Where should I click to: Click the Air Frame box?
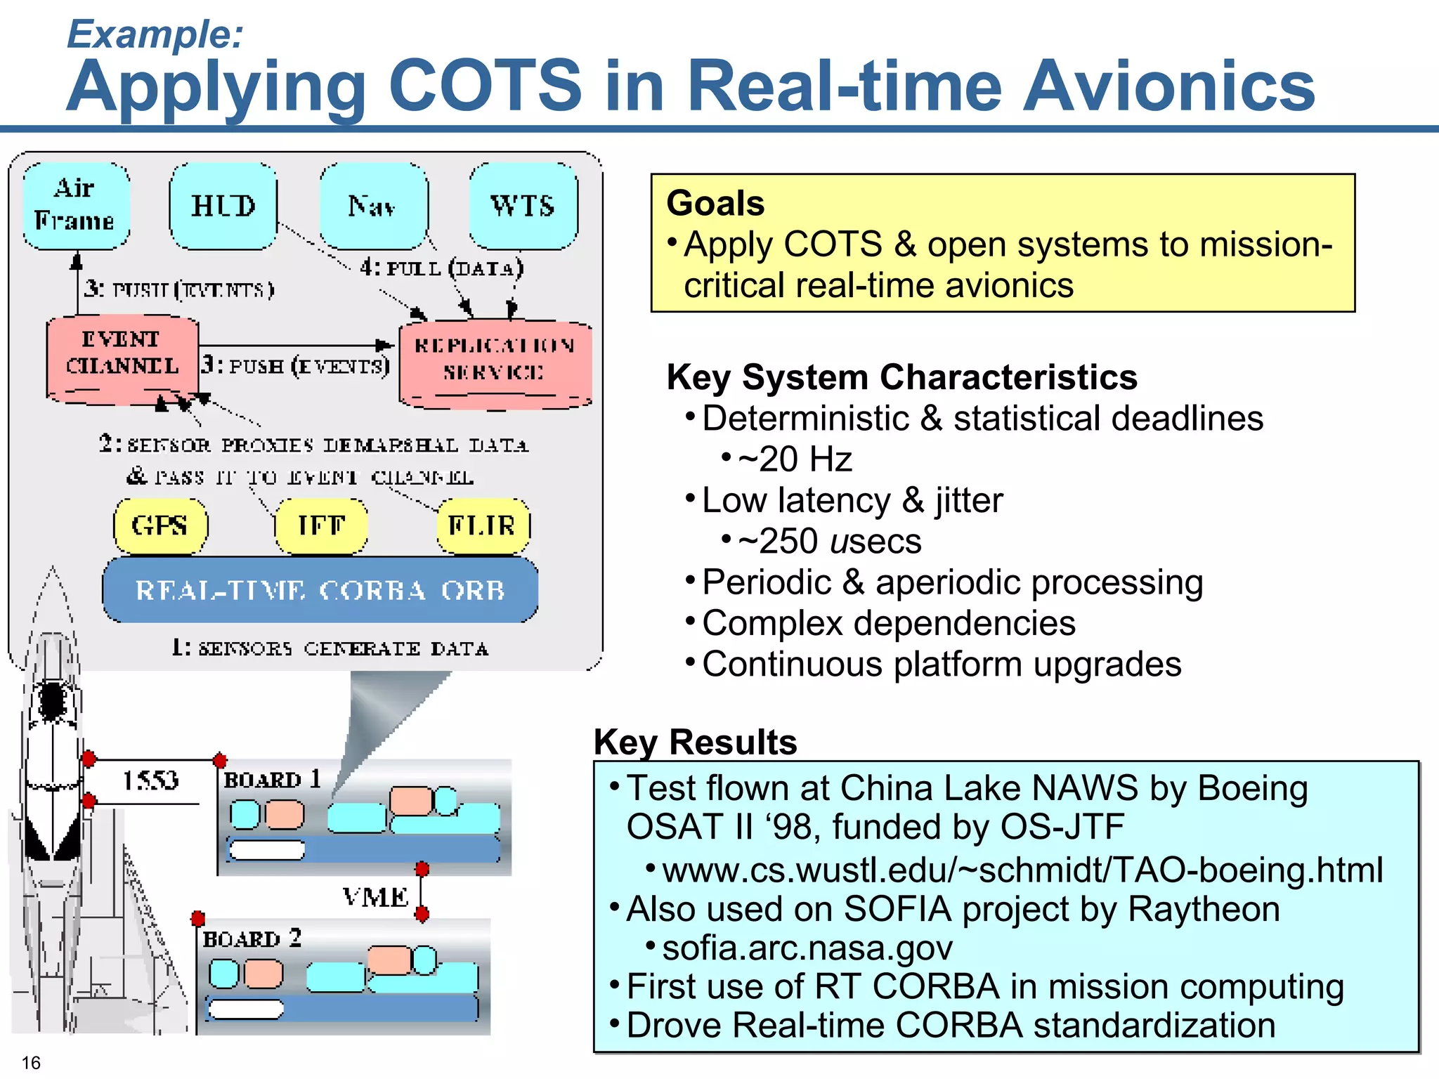click(x=76, y=205)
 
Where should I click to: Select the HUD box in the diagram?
click(x=223, y=206)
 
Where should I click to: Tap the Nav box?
click(x=373, y=206)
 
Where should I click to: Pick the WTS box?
click(x=523, y=206)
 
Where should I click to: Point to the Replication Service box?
click(x=495, y=362)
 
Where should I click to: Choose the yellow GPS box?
click(x=160, y=525)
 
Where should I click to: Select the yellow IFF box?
click(x=321, y=525)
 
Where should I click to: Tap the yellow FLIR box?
click(x=483, y=525)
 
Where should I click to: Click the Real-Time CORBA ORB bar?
click(x=320, y=590)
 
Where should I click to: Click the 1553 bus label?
click(x=150, y=780)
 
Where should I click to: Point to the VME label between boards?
click(x=376, y=897)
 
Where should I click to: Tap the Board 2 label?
click(x=252, y=939)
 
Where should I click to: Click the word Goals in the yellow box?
click(x=715, y=204)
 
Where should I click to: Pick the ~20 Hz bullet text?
click(x=795, y=459)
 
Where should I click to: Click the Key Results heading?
click(x=695, y=742)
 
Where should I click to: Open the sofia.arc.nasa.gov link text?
click(x=807, y=948)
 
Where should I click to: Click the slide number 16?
click(x=31, y=1062)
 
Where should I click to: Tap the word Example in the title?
click(x=155, y=34)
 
